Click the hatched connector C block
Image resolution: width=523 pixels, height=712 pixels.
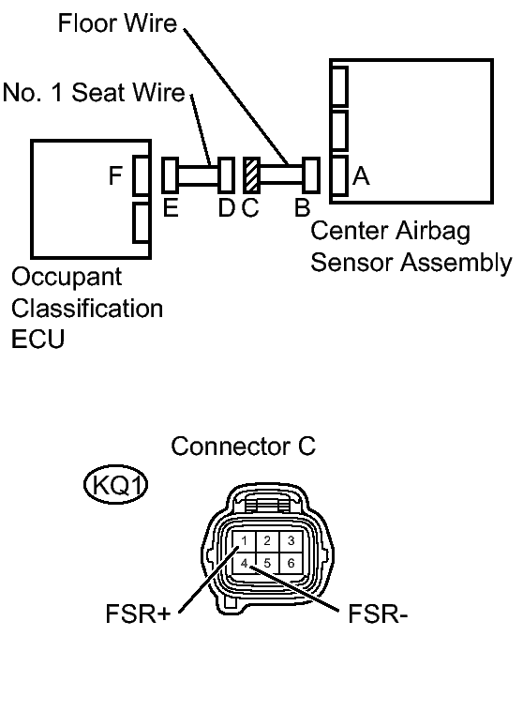pos(252,174)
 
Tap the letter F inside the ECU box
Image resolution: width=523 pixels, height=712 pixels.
pos(115,175)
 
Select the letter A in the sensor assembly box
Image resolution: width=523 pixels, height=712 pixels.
pos(361,176)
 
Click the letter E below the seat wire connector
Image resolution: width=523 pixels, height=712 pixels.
pos(171,208)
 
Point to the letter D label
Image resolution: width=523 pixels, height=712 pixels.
pos(227,208)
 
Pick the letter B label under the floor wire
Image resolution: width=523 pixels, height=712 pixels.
pos(302,208)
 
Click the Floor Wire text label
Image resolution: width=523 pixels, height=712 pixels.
pos(117,23)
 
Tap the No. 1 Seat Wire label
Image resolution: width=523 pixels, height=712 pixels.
pos(94,92)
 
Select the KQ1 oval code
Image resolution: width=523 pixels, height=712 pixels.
pos(115,485)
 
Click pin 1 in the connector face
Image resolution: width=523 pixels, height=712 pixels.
pos(244,541)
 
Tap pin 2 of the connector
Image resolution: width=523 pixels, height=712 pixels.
pos(267,541)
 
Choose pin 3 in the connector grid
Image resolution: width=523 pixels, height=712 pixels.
pos(291,541)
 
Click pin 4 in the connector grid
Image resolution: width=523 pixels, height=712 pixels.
pos(244,563)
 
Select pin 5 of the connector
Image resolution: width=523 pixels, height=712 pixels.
pos(267,563)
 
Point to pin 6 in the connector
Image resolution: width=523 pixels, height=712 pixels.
pos(291,563)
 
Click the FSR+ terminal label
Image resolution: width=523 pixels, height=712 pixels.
pos(138,614)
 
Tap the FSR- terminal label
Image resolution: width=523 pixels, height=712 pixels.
pos(378,614)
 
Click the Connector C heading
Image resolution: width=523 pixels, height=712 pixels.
pos(243,446)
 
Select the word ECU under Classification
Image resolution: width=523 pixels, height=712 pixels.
pos(38,339)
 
